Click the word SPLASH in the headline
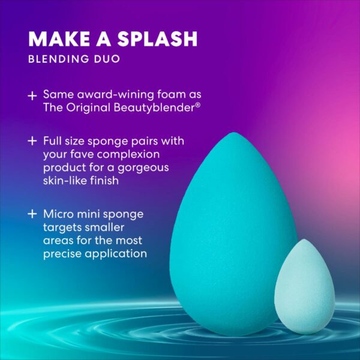click(x=157, y=39)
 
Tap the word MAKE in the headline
click(x=59, y=39)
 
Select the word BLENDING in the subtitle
click(x=59, y=59)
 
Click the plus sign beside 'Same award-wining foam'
click(x=32, y=96)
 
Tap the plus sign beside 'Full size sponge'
click(x=32, y=141)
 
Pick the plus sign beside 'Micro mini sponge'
click(x=32, y=214)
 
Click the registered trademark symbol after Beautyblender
click(x=198, y=104)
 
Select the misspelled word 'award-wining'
click(x=115, y=94)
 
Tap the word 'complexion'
click(x=128, y=155)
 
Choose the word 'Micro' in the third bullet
click(x=59, y=214)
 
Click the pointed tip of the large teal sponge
click(x=233, y=133)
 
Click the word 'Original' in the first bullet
click(x=88, y=108)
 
